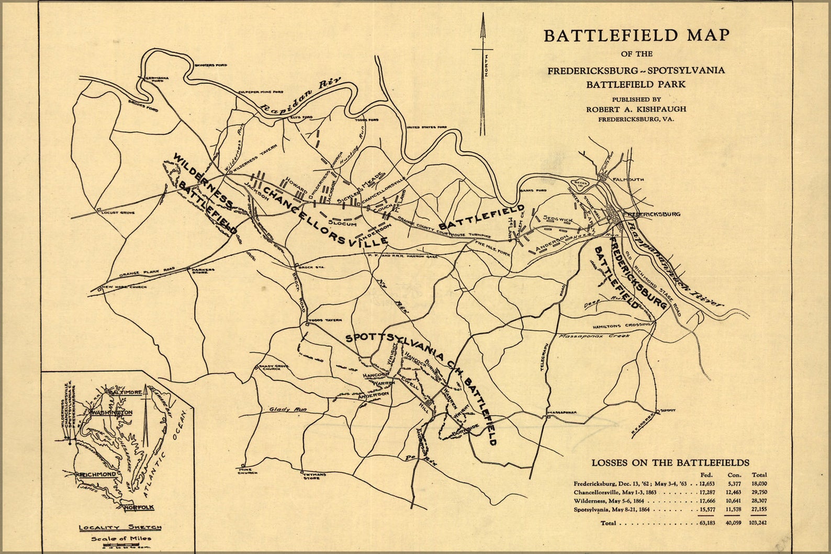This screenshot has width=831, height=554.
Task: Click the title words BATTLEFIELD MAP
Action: pos(636,36)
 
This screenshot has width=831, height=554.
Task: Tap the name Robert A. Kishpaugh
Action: pos(636,109)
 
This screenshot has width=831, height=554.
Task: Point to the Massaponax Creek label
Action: pos(593,336)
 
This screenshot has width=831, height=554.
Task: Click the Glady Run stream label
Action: pos(288,410)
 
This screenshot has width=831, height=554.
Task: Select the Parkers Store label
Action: pos(203,271)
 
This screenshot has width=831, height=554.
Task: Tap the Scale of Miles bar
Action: pos(120,547)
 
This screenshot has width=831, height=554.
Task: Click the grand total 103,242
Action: pos(758,523)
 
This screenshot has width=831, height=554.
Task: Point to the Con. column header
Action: pos(734,474)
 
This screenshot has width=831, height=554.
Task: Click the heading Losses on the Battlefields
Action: pos(670,462)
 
